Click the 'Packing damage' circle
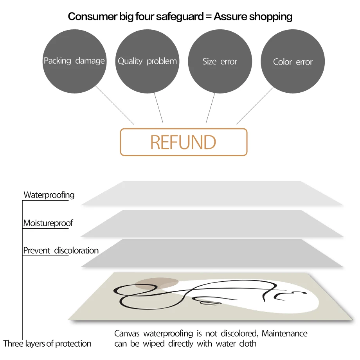point(74,61)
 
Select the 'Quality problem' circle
point(147,61)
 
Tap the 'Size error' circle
point(220,61)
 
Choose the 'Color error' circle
point(293,62)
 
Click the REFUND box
point(184,142)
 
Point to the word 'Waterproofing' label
point(49,195)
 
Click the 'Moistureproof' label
point(48,223)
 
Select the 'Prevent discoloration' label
point(61,250)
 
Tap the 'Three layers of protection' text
point(47,344)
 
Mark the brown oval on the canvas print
point(157,283)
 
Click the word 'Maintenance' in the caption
point(284,334)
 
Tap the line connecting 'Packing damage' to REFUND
point(115,105)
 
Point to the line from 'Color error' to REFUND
point(255,106)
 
